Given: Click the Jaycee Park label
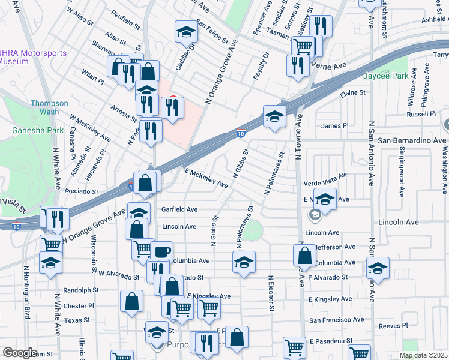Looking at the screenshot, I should pyautogui.click(x=385, y=76).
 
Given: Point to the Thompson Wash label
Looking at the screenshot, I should pyautogui.click(x=45, y=107).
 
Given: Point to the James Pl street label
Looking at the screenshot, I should pyautogui.click(x=335, y=126).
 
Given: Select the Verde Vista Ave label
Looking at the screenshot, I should pyautogui.click(x=326, y=178).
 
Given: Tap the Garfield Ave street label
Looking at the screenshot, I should pyautogui.click(x=179, y=209).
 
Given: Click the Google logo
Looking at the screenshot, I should pyautogui.click(x=20, y=353).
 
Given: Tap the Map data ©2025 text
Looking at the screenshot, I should pyautogui.click(x=423, y=355).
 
